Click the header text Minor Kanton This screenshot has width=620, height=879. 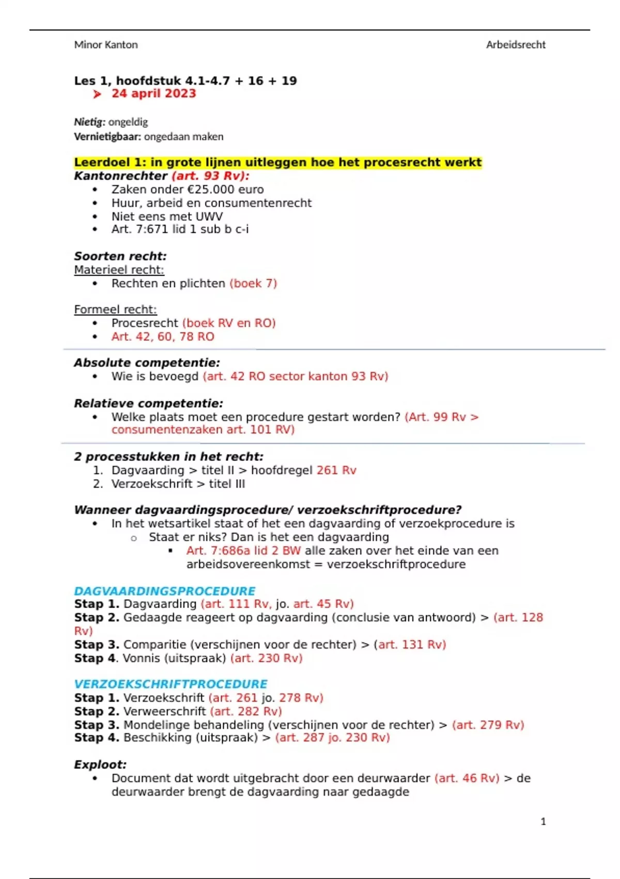106,45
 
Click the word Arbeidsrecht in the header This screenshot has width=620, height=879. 515,45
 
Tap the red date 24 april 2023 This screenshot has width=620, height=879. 154,94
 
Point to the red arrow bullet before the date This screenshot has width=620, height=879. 97,94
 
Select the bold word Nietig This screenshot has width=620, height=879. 89,122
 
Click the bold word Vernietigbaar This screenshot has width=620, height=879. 107,137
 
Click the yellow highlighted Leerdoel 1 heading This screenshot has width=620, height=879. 277,162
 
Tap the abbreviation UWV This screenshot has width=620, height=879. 209,216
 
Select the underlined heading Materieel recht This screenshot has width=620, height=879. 119,269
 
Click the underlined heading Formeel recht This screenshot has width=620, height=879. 115,309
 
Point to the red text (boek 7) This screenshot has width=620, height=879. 253,283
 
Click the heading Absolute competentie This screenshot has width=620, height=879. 147,362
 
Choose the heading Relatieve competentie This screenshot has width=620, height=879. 148,403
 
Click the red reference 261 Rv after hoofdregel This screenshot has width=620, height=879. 336,470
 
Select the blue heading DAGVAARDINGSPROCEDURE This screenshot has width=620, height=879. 165,591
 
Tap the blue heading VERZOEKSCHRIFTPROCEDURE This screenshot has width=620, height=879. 171,684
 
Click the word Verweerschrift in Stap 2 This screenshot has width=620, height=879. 164,711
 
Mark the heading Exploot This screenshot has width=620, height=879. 100,765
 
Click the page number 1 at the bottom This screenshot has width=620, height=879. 543,821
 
